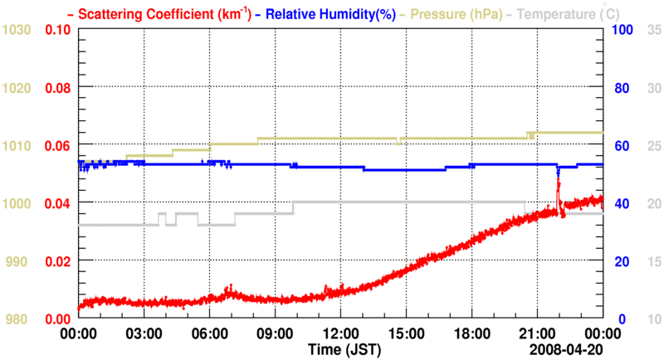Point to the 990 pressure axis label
point(19,261)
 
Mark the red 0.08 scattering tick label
point(57,88)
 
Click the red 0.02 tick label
point(57,261)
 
